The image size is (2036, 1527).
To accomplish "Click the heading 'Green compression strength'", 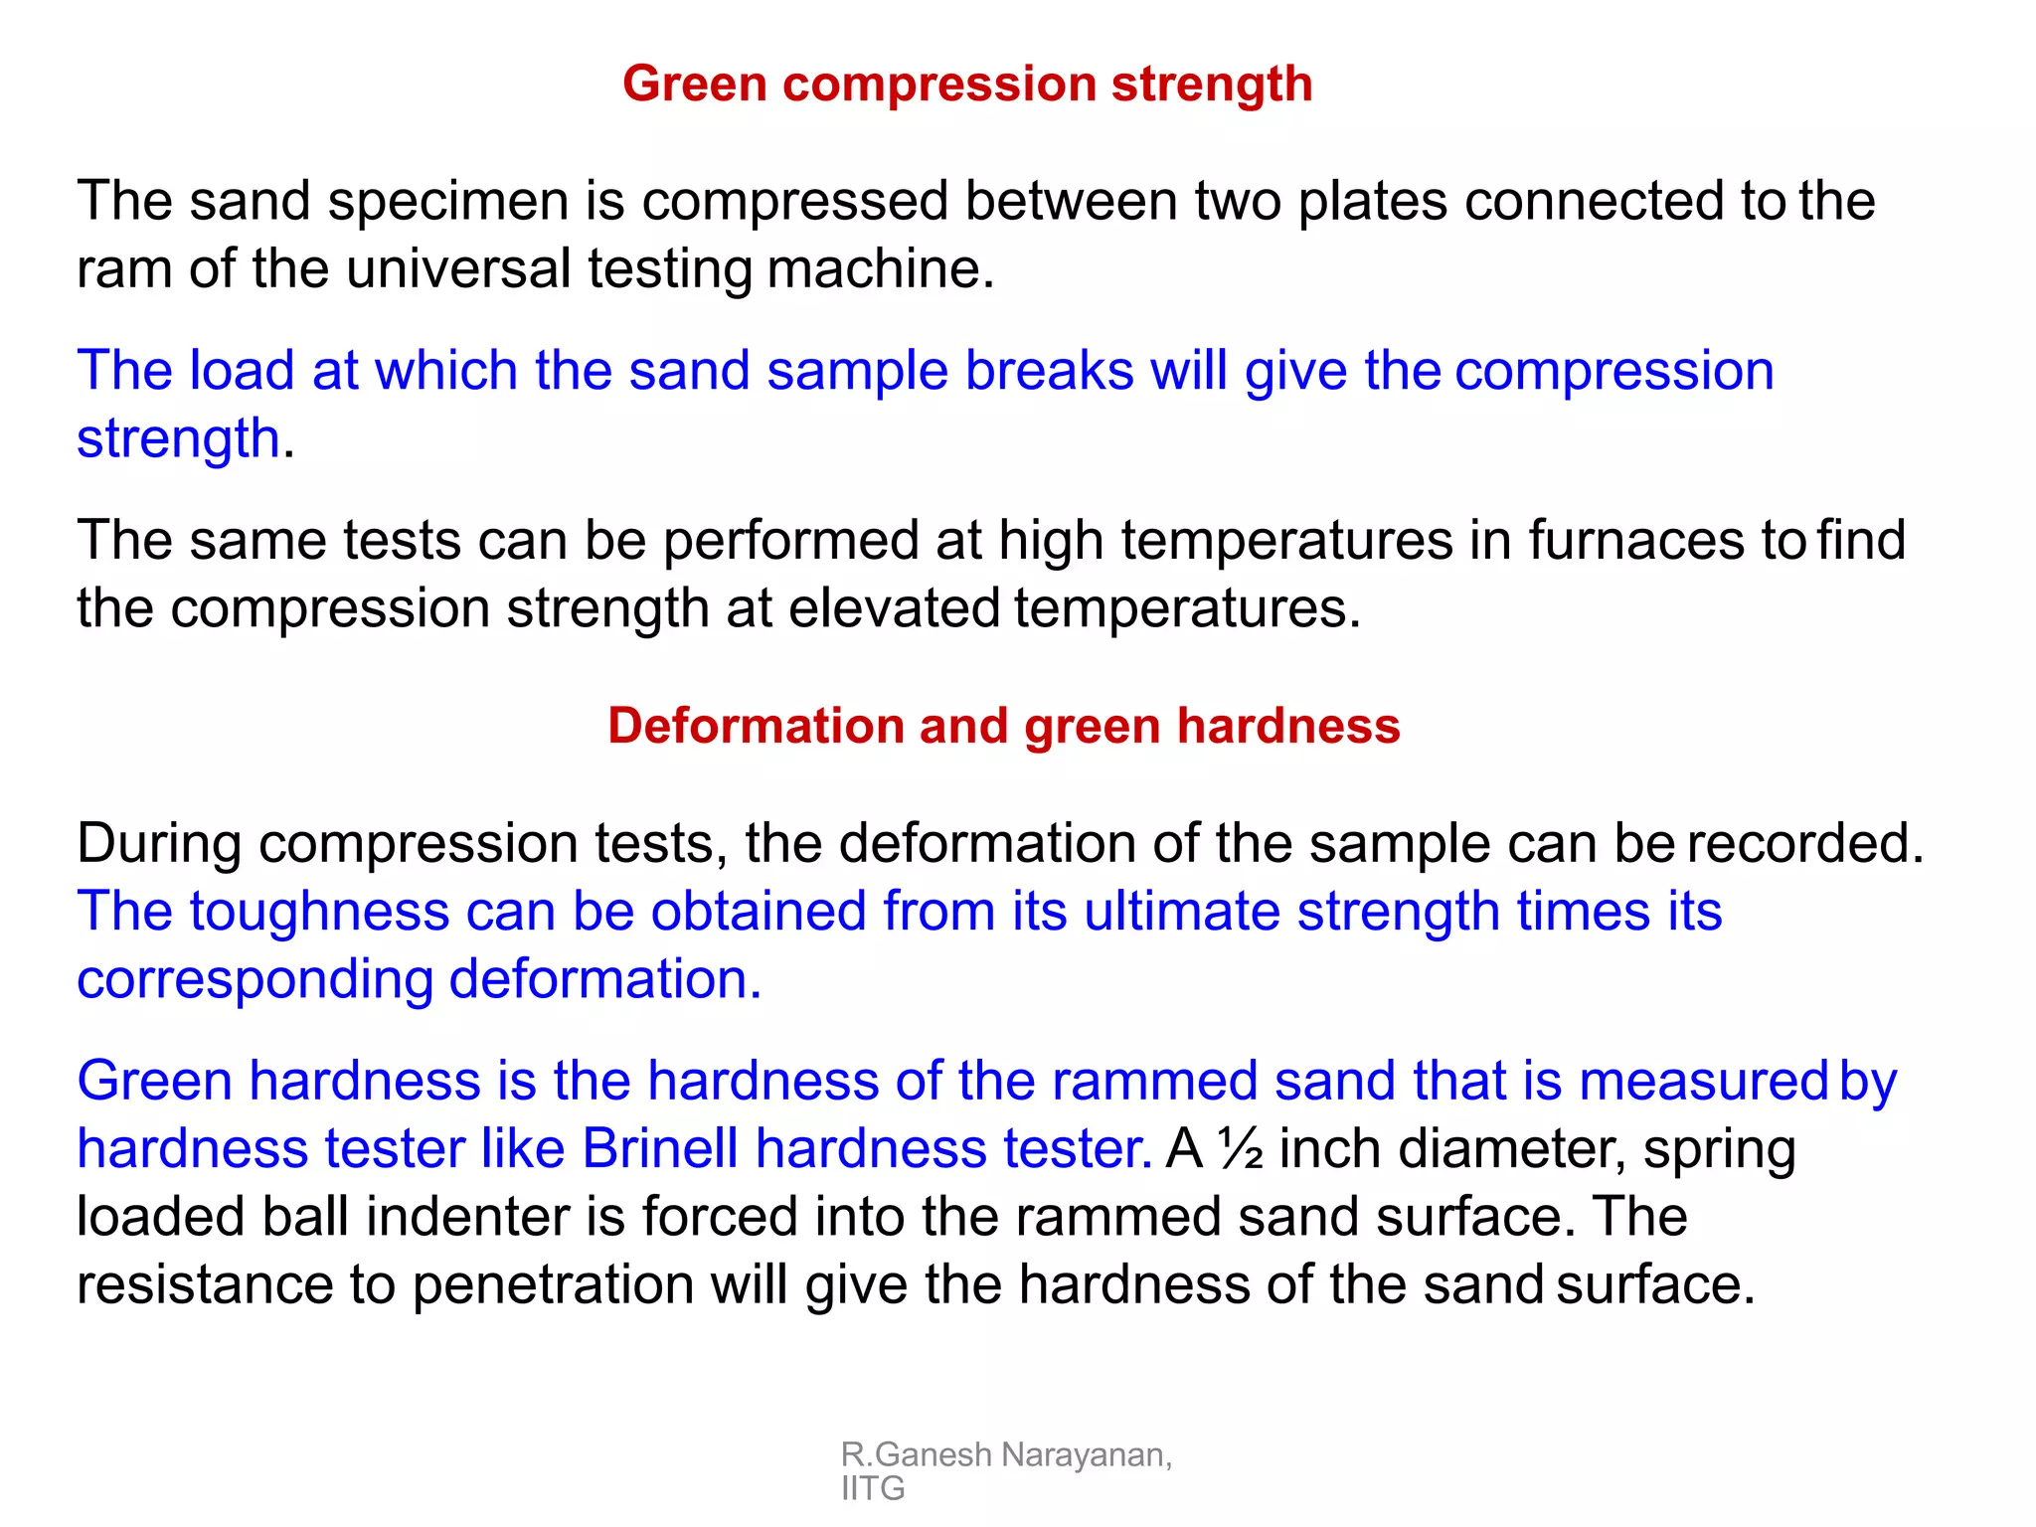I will pos(966,84).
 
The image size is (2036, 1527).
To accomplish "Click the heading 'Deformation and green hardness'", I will pos(1003,726).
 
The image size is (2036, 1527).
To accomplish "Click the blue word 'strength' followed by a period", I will pos(178,438).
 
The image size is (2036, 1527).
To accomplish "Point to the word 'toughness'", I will pos(319,912).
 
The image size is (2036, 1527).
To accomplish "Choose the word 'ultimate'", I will pos(1181,912).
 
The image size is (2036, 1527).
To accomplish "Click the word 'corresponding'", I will pos(254,980).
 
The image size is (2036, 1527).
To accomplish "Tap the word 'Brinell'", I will pos(659,1149).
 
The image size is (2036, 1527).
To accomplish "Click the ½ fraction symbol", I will pos(1241,1149).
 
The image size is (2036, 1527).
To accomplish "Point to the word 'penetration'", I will pos(552,1285).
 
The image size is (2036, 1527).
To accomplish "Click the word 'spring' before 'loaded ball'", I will pos(1719,1150).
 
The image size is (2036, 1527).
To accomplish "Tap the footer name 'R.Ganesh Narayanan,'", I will pos(1005,1454).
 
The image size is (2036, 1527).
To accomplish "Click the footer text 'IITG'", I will pos(873,1488).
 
